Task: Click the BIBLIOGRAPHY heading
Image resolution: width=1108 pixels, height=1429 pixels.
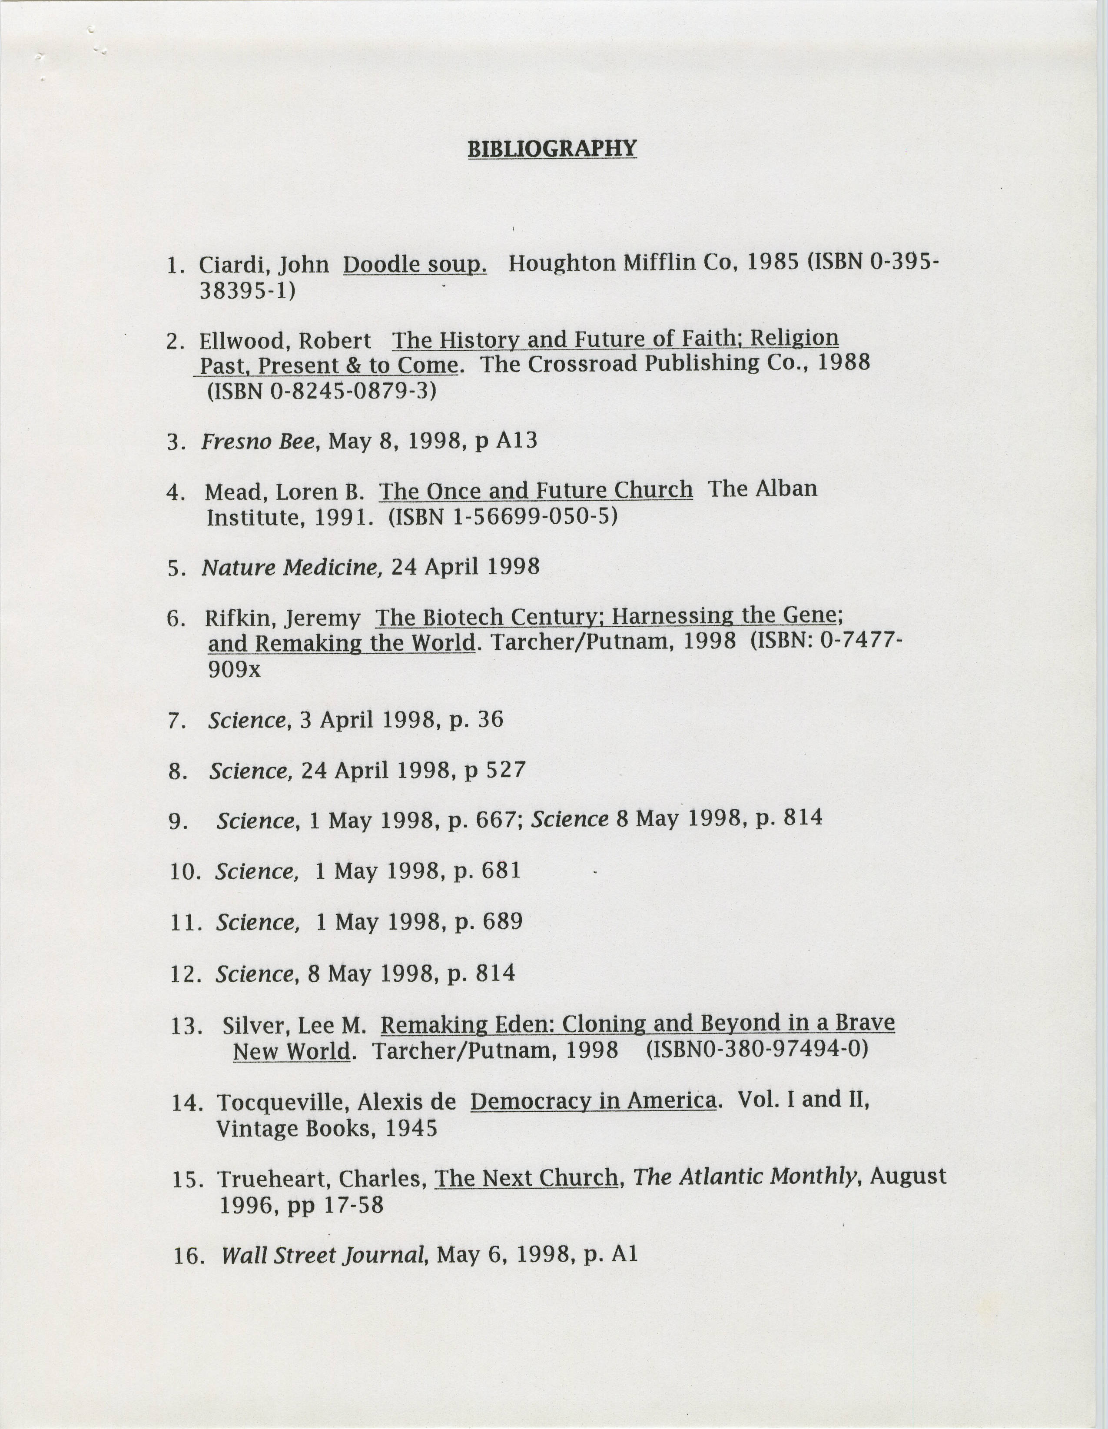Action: pyautogui.click(x=552, y=149)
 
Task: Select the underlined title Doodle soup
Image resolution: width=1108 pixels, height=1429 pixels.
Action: pyautogui.click(x=415, y=264)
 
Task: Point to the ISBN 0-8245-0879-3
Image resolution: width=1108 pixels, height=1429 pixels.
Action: pyautogui.click(x=321, y=391)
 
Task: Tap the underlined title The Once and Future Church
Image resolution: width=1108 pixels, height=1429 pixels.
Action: pyautogui.click(x=536, y=490)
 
